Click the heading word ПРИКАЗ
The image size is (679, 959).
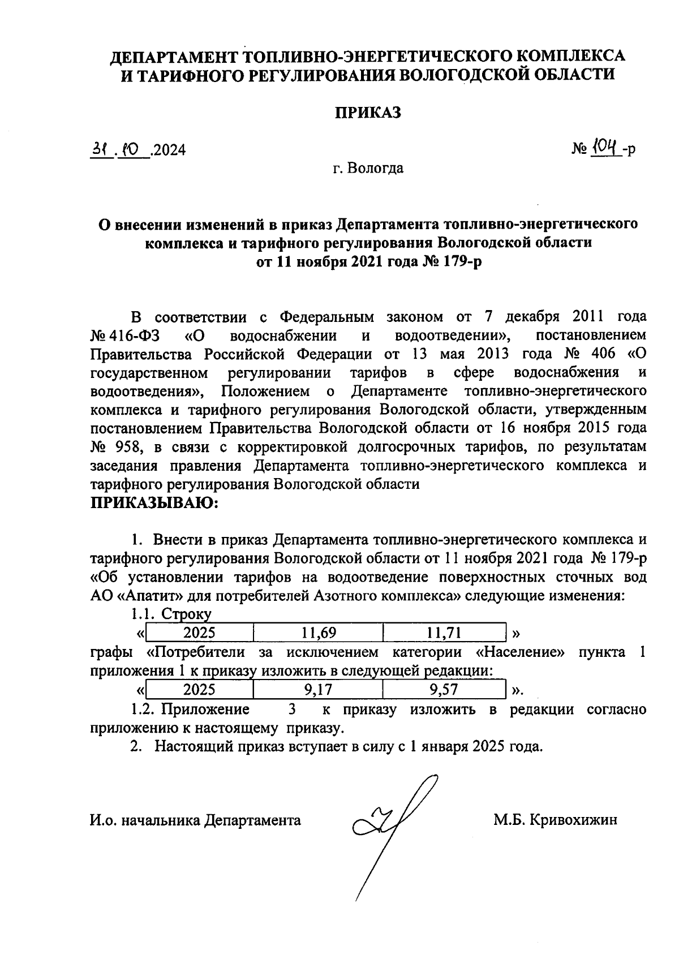[x=367, y=113]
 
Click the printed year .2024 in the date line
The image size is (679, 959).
[x=169, y=150]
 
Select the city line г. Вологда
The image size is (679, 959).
[x=367, y=168]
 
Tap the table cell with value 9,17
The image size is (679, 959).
[x=318, y=690]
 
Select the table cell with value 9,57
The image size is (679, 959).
[x=444, y=690]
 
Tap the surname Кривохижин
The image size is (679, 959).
[x=573, y=820]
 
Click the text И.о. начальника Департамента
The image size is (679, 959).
[x=195, y=820]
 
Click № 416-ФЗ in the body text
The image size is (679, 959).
[x=125, y=336]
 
